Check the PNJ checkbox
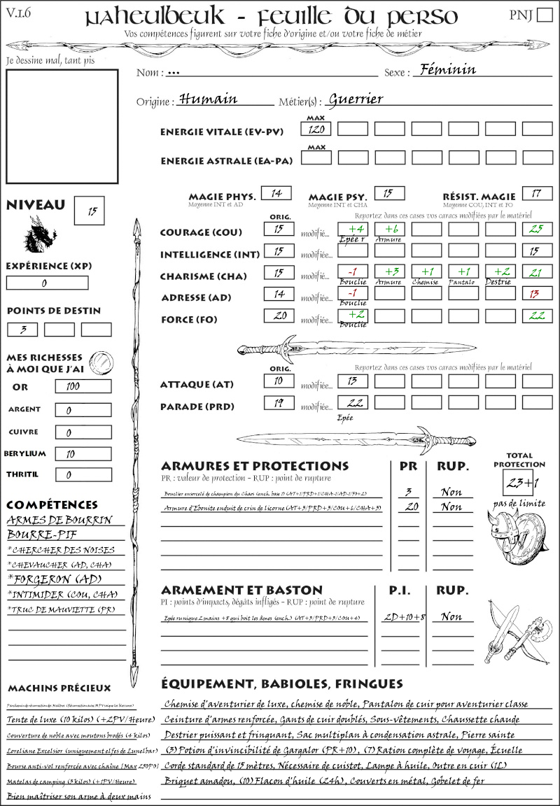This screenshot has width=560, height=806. (x=543, y=15)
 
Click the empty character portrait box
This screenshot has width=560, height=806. (x=62, y=126)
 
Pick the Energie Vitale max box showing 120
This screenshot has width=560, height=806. (x=316, y=129)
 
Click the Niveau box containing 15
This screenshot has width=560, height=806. (x=89, y=211)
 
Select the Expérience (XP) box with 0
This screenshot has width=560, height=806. (x=48, y=283)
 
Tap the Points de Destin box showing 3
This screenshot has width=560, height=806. (x=23, y=329)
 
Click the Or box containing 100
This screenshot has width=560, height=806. (x=83, y=386)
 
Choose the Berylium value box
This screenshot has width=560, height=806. (x=83, y=453)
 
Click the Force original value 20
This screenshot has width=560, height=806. (x=279, y=316)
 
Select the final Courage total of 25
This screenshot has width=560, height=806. (x=537, y=229)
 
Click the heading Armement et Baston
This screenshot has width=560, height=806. (x=241, y=590)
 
